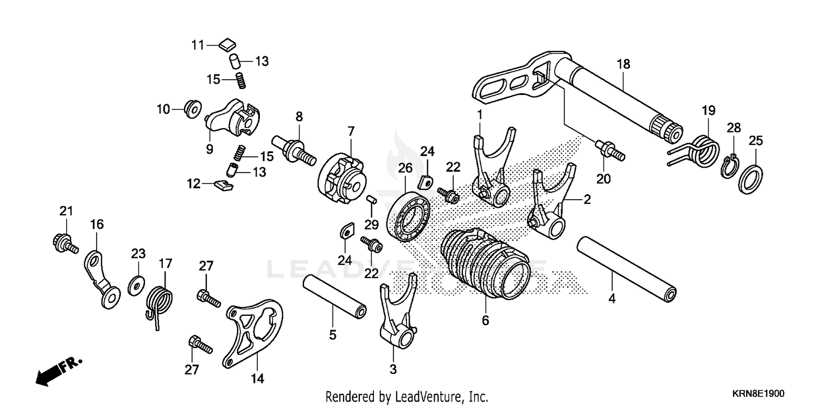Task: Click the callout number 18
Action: [623, 64]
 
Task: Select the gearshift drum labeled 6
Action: [484, 263]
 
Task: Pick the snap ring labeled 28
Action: [729, 168]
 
